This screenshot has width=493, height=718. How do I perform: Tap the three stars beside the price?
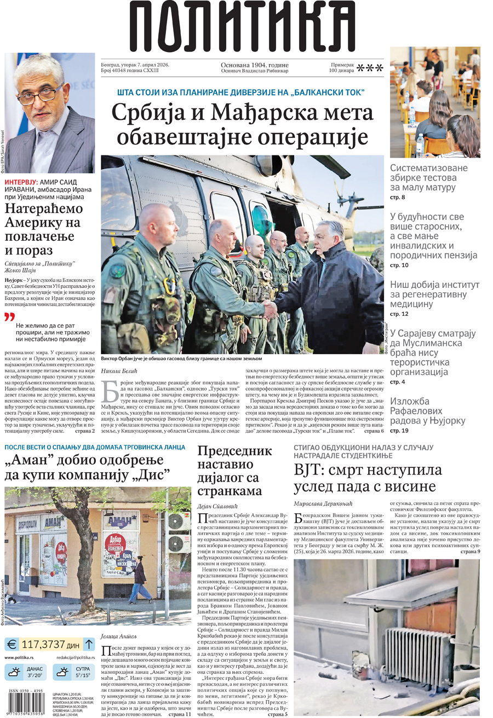[x=370, y=68]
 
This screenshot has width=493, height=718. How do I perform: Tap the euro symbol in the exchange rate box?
[x=12, y=643]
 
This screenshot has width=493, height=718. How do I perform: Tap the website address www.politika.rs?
[x=20, y=657]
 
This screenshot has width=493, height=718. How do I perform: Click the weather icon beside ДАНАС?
[x=14, y=672]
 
